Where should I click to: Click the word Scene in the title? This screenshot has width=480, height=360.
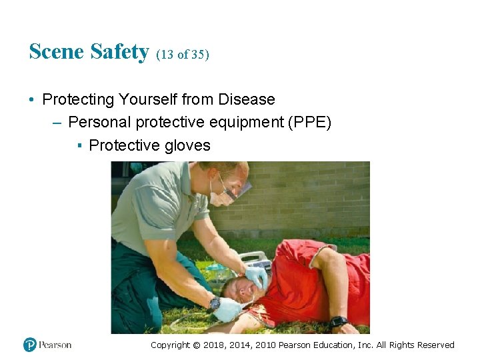point(55,51)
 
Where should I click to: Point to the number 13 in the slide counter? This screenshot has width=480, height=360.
point(167,55)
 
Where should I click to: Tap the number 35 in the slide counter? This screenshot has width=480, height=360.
point(198,55)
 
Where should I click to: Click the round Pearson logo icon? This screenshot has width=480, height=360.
point(30,345)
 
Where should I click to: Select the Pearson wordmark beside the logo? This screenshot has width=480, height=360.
point(55,345)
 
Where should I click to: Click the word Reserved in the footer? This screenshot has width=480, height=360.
point(436,345)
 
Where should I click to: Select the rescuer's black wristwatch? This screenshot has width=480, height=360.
point(215,303)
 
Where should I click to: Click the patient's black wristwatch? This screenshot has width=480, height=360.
point(339,322)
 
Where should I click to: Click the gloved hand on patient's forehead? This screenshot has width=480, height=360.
point(256,276)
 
